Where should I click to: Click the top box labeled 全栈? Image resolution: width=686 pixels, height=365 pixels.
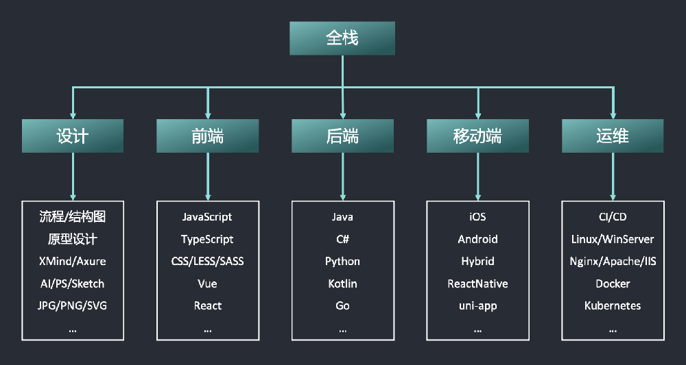point(342,38)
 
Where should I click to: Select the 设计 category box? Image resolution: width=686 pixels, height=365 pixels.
point(73,136)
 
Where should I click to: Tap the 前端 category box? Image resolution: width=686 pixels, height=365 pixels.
point(207,136)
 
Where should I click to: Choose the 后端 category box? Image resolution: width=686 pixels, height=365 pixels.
point(342,136)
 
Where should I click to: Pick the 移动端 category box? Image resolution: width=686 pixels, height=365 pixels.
point(477,136)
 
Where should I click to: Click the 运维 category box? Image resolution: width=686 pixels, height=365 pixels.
point(613,136)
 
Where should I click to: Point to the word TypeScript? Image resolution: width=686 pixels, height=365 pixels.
point(207,239)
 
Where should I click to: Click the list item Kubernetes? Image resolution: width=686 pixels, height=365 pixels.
point(613,305)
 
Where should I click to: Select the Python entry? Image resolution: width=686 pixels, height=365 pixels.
point(342,262)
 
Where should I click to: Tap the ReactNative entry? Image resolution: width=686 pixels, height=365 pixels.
point(477,284)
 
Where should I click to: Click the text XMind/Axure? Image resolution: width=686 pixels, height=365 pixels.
point(73,262)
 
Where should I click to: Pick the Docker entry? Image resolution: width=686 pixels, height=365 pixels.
point(613,284)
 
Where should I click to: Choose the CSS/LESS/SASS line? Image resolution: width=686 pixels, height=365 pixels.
point(207,262)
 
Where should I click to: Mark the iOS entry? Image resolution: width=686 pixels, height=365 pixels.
point(477,217)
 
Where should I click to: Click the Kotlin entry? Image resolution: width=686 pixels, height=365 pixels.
point(342,284)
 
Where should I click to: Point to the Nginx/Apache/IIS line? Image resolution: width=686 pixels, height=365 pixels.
point(613,262)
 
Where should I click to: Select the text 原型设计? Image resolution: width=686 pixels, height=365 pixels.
point(73,239)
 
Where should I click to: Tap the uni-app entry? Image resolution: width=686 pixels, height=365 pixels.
point(477,305)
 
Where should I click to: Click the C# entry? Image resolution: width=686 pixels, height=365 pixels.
point(342,239)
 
